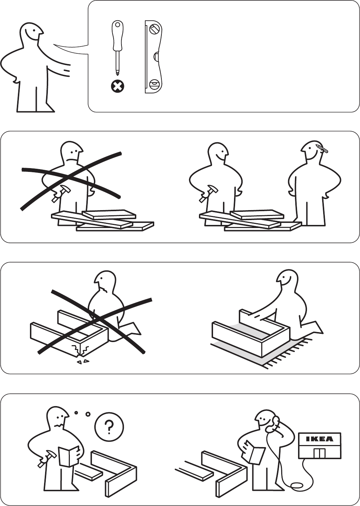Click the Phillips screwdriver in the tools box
117,48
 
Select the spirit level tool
153,57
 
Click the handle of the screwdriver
117,36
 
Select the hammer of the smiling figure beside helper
208,193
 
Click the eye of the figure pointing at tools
34,31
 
